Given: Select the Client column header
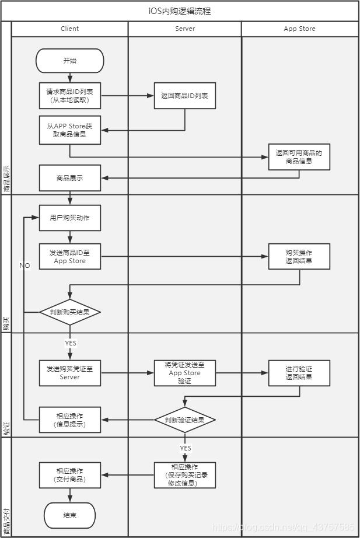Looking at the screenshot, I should [69, 29].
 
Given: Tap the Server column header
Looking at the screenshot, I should [184, 29].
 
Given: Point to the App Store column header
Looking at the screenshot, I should [299, 29].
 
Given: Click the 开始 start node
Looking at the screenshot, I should [69, 60].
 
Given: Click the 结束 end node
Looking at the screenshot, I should [69, 515].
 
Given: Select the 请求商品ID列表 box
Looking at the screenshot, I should [69, 96].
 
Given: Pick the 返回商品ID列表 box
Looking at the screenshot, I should [184, 96].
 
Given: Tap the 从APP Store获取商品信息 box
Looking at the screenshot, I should [69, 130].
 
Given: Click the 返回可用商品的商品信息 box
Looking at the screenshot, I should [299, 157].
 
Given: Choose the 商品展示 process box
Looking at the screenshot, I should [69, 178].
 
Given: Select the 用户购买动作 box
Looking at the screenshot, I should [69, 218].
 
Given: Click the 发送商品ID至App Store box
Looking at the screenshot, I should [69, 256].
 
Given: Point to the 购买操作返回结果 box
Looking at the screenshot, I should [299, 256].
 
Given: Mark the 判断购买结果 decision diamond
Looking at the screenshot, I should [69, 312].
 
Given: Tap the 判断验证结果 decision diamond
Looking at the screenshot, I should [184, 420].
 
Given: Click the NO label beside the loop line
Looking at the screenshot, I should [25, 265].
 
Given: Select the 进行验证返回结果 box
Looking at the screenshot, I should [299, 373].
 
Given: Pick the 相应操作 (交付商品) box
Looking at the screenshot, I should [69, 474].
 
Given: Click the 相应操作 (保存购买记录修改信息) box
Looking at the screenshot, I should [184, 475].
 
